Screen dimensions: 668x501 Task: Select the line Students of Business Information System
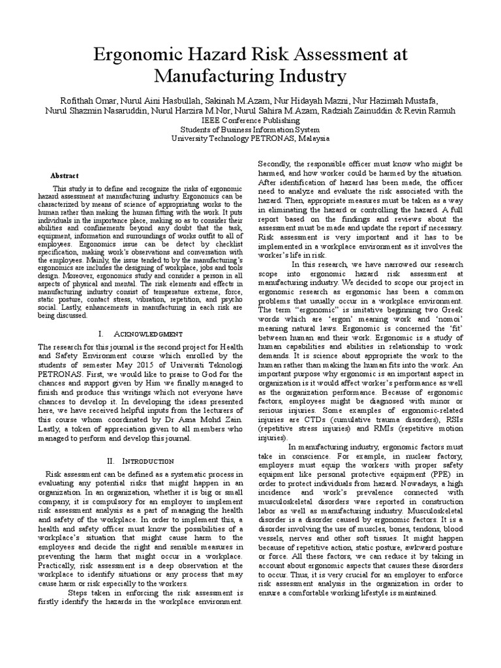[x=250, y=129]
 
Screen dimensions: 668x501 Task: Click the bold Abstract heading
[x=65, y=175]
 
